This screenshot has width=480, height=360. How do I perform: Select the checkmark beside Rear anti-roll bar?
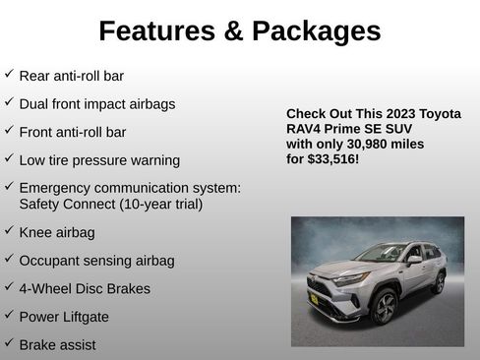point(9,74)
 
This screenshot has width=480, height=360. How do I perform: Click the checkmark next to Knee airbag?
point(9,231)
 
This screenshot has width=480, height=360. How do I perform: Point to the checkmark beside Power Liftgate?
point(9,316)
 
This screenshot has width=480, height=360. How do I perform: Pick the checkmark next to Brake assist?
point(9,343)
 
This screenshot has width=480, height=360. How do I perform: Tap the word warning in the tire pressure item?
point(152,160)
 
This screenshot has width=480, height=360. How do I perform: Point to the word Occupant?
point(50,261)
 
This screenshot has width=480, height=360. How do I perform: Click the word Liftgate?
point(84,317)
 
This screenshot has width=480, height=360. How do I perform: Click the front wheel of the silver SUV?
point(384,306)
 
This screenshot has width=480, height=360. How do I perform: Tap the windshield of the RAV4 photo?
point(383,255)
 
